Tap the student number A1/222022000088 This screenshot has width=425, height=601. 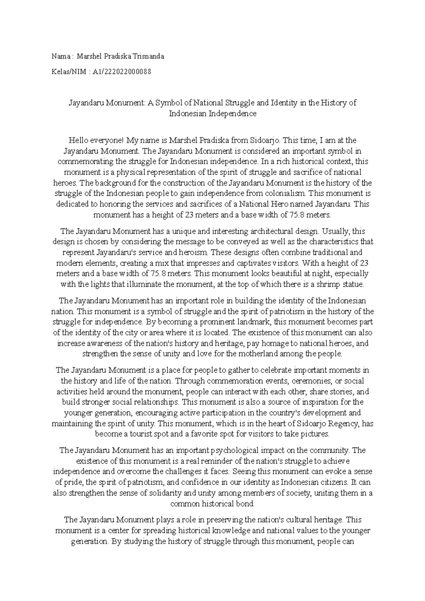coord(122,72)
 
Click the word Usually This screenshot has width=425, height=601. coord(335,231)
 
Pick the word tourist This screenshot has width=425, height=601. coord(149,434)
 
